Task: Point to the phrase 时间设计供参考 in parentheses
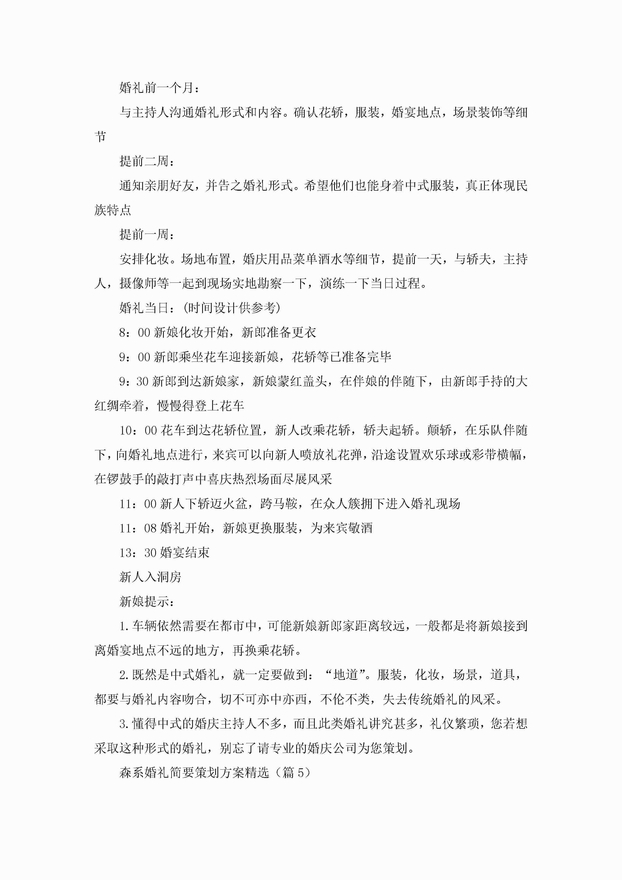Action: coord(231,308)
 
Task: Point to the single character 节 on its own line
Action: coord(100,137)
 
